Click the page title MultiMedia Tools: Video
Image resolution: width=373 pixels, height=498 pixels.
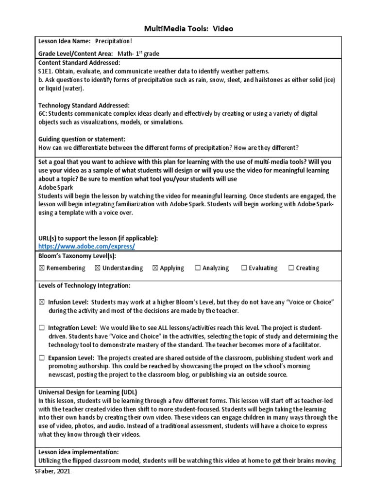pyautogui.click(x=186, y=29)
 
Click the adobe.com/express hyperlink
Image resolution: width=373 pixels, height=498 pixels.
pyautogui.click(x=86, y=246)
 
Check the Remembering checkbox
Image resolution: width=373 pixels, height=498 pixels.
pyautogui.click(x=41, y=268)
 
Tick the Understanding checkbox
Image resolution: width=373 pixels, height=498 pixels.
pyautogui.click(x=98, y=268)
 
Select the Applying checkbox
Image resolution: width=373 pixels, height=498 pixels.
pyautogui.click(x=155, y=268)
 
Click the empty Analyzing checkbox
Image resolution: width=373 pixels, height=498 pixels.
pyautogui.click(x=198, y=268)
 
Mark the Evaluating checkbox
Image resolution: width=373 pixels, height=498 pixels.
pyautogui.click(x=244, y=268)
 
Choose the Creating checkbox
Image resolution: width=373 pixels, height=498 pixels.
pyautogui.click(x=291, y=268)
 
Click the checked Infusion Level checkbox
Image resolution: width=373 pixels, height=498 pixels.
pyautogui.click(x=41, y=302)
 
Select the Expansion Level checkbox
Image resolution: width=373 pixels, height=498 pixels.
pyautogui.click(x=41, y=358)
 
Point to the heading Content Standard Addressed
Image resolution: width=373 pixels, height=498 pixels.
pyautogui.click(x=79, y=63)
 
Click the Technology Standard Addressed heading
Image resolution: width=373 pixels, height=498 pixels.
pyautogui.click(x=84, y=105)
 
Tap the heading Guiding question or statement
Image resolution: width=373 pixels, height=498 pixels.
pyautogui.click(x=82, y=139)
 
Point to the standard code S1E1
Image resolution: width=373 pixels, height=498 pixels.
pyautogui.click(x=46, y=71)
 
